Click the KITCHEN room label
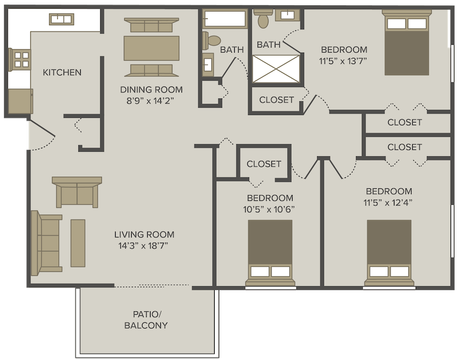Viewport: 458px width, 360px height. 62,72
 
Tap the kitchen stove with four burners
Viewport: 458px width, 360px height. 20,60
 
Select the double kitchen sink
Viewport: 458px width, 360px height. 61,19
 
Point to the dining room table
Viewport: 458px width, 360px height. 151,48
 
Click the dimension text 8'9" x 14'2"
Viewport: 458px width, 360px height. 150,101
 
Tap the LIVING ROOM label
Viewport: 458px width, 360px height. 144,234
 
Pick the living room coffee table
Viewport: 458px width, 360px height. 78,243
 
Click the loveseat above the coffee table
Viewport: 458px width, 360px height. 77,192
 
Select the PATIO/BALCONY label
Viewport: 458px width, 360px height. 146,320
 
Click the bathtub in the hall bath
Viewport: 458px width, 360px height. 225,19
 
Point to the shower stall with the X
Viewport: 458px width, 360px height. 276,69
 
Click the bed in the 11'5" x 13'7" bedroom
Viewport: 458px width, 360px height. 406,42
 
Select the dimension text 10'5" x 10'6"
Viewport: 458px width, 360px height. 269,209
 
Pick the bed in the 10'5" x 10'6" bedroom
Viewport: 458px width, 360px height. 270,253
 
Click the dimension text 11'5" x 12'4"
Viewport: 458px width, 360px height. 388,203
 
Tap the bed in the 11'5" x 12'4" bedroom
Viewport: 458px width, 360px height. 389,253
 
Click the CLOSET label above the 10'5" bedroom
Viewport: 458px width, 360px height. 264,164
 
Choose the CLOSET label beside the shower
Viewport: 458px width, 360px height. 277,100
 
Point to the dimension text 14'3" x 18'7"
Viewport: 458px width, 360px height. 143,246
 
